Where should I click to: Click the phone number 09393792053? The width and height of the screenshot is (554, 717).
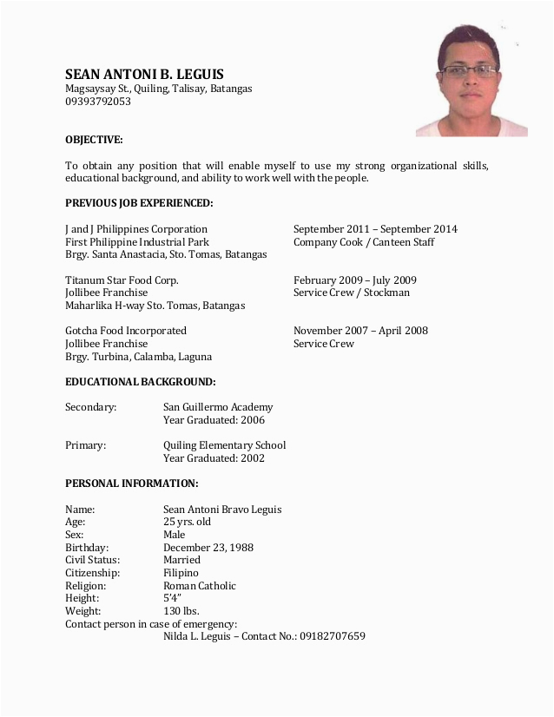[x=98, y=102]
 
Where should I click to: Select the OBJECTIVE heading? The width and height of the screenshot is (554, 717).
[x=94, y=140]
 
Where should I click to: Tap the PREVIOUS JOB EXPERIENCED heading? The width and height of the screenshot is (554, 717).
[x=139, y=203]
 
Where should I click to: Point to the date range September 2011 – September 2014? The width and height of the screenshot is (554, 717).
[x=375, y=229]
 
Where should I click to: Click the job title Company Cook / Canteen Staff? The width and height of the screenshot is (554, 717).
[x=364, y=242]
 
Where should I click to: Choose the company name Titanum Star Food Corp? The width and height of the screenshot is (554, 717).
[x=122, y=280]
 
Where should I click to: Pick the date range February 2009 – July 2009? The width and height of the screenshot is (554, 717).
[x=355, y=280]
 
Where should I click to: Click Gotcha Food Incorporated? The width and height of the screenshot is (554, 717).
[x=126, y=331]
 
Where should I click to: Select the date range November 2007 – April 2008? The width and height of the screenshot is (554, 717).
[x=360, y=331]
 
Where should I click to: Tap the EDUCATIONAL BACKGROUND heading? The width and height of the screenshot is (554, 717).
[x=141, y=381]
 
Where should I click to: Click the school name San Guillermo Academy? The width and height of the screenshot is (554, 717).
[x=218, y=406]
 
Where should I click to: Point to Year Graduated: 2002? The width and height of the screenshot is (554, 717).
[x=214, y=457]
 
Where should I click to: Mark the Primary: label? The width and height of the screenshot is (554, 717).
[x=85, y=445]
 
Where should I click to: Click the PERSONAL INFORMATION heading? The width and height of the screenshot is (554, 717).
[x=132, y=483]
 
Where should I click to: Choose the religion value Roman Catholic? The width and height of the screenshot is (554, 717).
[x=200, y=586]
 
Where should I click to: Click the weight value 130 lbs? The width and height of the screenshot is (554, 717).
[x=181, y=611]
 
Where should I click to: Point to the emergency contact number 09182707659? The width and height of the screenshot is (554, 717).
[x=333, y=636]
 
